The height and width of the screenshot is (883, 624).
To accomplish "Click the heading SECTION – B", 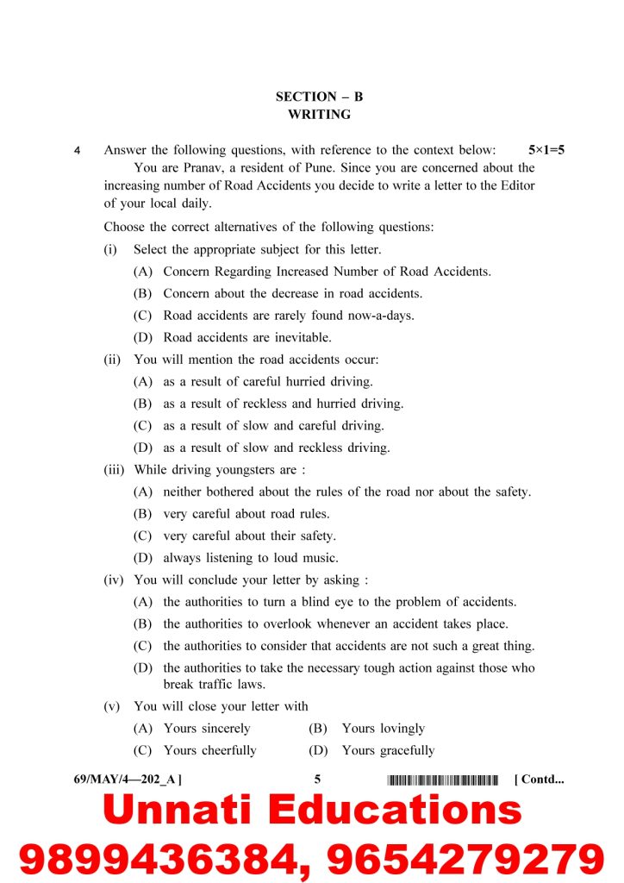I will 319,97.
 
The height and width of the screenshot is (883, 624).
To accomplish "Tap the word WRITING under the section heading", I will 319,114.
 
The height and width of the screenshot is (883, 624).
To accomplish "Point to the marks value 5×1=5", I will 546,150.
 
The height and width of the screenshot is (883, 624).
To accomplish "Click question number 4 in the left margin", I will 78,151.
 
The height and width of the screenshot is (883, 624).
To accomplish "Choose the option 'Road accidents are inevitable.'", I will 246,337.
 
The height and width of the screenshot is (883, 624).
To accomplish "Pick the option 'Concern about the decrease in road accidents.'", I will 292,293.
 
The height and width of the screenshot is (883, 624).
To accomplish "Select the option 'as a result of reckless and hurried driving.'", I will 283,404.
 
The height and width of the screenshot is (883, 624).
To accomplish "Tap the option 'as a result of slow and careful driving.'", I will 273,425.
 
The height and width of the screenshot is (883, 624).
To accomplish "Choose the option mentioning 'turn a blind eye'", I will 340,602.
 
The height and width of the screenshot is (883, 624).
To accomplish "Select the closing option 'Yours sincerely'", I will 207,729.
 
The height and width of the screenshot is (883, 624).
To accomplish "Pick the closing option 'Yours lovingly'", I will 383,729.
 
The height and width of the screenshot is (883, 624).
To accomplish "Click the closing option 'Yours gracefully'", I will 388,750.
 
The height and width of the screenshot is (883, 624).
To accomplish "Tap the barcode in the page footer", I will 443,780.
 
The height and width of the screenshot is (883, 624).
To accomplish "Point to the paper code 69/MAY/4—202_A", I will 128,780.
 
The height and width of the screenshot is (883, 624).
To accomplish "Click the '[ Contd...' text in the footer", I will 539,780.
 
